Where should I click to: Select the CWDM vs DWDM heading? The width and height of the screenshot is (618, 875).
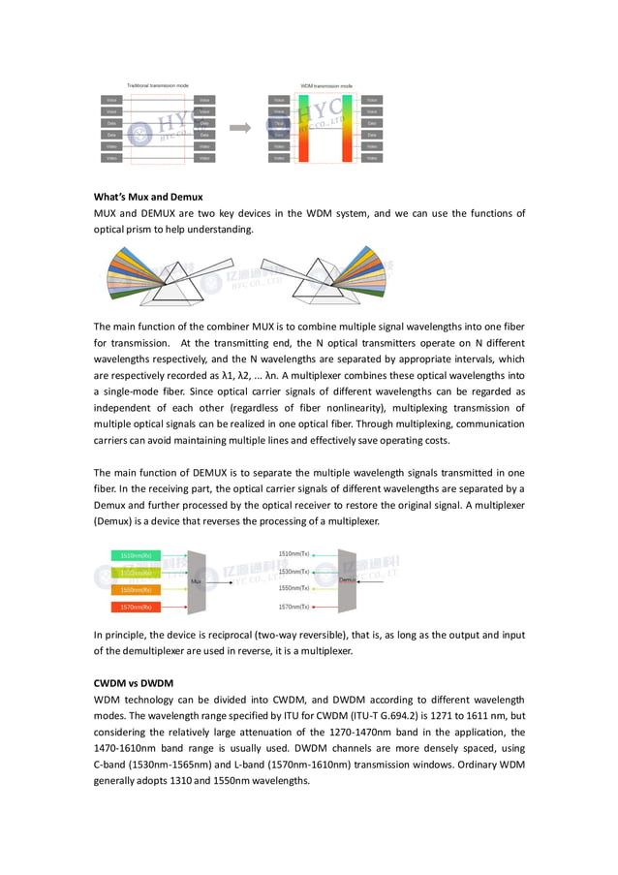coord(134,683)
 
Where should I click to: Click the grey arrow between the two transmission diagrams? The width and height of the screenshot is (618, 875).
coord(239,127)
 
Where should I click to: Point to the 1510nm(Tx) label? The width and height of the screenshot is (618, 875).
coord(294,553)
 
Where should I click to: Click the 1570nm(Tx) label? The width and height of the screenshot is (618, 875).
coord(294,607)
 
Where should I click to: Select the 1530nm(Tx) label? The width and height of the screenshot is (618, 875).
coord(294,572)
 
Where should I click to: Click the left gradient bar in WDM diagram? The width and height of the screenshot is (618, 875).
coord(303,128)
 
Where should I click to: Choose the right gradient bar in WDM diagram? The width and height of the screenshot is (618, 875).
coord(346,128)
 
